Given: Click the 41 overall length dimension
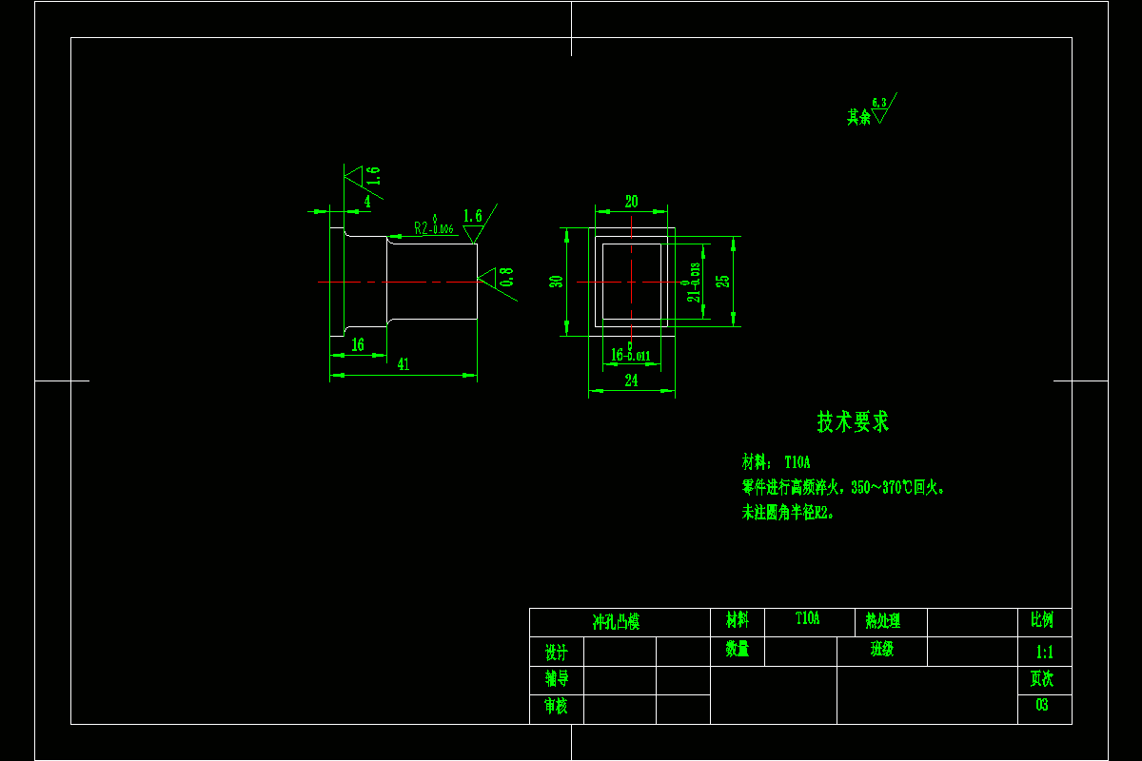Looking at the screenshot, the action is pyautogui.click(x=404, y=364).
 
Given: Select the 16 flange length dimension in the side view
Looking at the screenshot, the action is pyautogui.click(x=358, y=345).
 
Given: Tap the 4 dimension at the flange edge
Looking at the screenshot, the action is pyautogui.click(x=367, y=202).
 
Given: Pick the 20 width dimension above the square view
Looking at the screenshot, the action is pyautogui.click(x=631, y=202).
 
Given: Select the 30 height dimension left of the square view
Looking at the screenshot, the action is pyautogui.click(x=558, y=282).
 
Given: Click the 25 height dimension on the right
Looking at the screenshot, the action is pyautogui.click(x=723, y=282).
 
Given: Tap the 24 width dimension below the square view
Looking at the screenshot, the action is pyautogui.click(x=631, y=380).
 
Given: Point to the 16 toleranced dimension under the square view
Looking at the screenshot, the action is pyautogui.click(x=631, y=355).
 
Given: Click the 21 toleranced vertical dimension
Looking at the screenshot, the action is pyautogui.click(x=695, y=283).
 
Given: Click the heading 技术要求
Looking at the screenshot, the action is pyautogui.click(x=853, y=422).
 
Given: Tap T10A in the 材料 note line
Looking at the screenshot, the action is pyautogui.click(x=797, y=462).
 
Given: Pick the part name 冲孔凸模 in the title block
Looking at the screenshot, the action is pyautogui.click(x=617, y=622).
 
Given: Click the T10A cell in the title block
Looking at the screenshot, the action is pyautogui.click(x=808, y=619).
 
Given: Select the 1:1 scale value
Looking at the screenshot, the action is pyautogui.click(x=1044, y=653).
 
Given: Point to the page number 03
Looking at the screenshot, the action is pyautogui.click(x=1042, y=706).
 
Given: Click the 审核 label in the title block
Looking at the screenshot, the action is pyautogui.click(x=557, y=707).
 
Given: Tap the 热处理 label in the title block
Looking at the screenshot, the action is pyautogui.click(x=882, y=622).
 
